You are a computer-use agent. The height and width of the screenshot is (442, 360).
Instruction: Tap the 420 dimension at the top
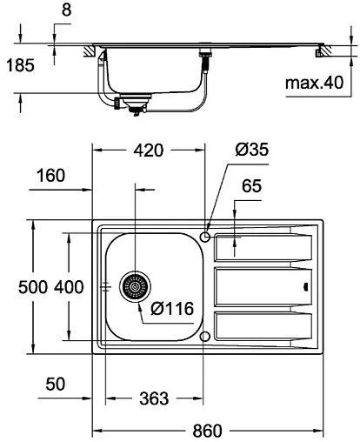click(x=148, y=151)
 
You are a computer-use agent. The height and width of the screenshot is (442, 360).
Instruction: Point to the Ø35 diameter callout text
click(x=252, y=151)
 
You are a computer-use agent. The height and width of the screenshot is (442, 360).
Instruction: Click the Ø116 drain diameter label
click(x=170, y=307)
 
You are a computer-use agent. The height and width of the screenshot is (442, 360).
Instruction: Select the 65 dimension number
click(x=252, y=186)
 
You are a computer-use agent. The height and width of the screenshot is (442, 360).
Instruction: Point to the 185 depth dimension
click(x=19, y=65)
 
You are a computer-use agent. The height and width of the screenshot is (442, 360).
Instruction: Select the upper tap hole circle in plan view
click(x=204, y=236)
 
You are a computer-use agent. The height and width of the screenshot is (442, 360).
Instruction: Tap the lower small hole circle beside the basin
click(x=204, y=336)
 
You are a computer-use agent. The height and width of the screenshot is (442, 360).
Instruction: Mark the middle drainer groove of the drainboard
click(x=261, y=285)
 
